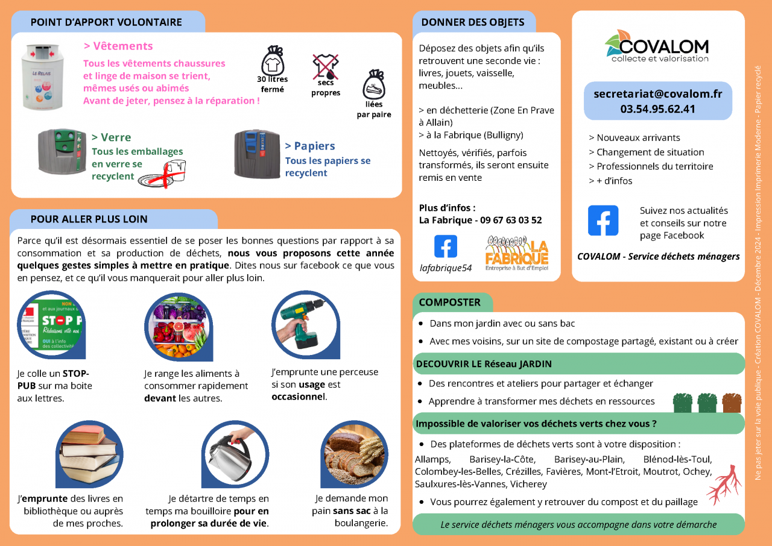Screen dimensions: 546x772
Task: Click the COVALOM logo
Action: pos(657,46)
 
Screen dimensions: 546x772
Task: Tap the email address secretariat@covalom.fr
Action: pos(657,94)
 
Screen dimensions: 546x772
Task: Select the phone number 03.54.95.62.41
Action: pos(657,109)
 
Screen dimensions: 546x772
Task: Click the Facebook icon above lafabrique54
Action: pos(446,246)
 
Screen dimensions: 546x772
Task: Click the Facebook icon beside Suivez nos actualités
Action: pos(603,221)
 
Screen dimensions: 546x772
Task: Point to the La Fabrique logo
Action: pos(517,254)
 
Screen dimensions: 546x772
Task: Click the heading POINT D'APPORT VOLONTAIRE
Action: pos(106,22)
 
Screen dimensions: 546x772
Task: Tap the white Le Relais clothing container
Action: pos(42,76)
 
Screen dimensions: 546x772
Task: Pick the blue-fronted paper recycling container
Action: pos(258,153)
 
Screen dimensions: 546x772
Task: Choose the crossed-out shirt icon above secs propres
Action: pos(326,66)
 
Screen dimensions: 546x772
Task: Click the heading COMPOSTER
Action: pos(450,303)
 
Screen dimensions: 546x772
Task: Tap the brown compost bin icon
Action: pos(732,402)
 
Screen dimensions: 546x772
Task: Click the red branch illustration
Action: pos(724,484)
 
